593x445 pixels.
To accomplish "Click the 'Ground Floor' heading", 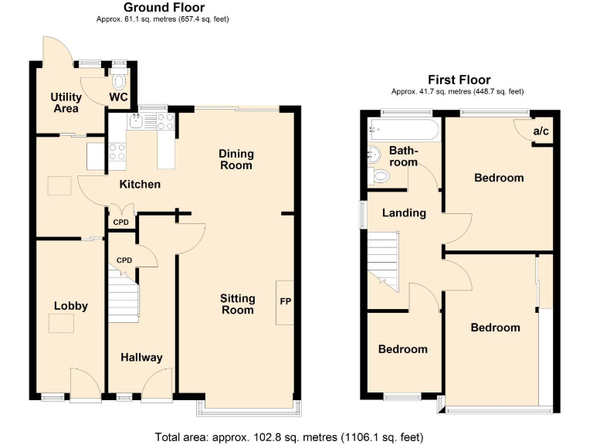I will (164, 8).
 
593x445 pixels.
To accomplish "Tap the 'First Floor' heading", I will (459, 80).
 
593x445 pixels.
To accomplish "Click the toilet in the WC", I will (119, 80).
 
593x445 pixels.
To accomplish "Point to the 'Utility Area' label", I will (66, 103).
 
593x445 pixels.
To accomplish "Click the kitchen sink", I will (137, 120).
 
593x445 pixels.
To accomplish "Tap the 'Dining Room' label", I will (236, 159).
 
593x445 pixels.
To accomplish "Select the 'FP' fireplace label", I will (284, 301).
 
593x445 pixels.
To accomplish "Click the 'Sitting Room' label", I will (237, 304).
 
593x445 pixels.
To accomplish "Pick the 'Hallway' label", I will (141, 357).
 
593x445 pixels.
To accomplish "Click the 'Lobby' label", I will (70, 306).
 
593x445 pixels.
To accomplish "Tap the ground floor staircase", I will (124, 297).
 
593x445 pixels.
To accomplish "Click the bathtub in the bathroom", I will (404, 130).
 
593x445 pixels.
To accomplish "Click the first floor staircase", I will (382, 259).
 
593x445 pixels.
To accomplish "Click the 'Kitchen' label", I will (139, 185).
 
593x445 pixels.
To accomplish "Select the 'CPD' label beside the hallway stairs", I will (124, 260).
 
